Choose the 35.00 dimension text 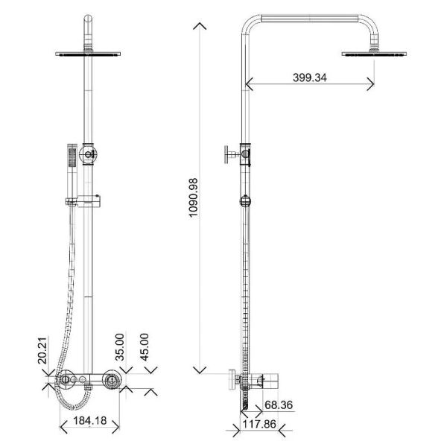click(120, 347)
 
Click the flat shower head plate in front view click(89, 54)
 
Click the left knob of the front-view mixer click(66, 381)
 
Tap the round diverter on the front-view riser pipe click(89, 154)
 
